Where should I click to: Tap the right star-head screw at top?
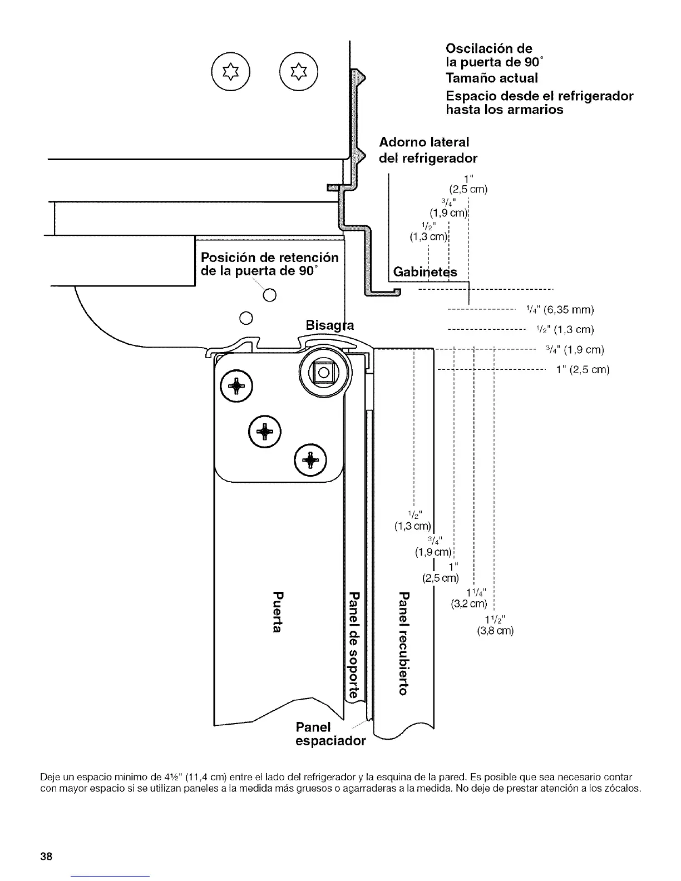coord(299,73)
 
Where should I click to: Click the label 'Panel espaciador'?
coord(330,734)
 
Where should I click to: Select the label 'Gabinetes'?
coord(425,272)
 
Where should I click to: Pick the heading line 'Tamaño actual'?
coord(492,78)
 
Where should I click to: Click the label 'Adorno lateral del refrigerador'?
coord(427,150)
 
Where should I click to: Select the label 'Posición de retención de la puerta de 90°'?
coord(270,265)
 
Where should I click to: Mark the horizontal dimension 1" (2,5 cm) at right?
coord(583,370)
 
